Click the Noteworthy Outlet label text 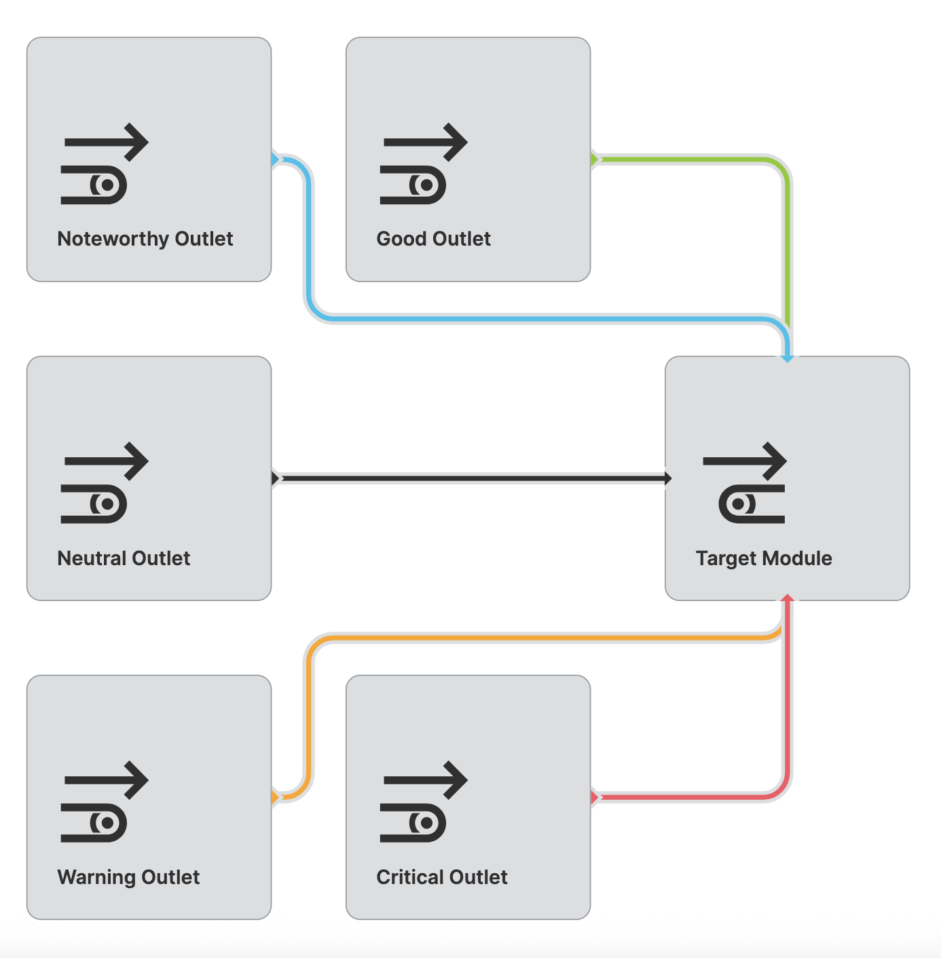coord(145,239)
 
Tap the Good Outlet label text coord(433,239)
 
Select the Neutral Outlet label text coord(124,558)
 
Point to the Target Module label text coord(764,558)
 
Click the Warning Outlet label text coord(128,877)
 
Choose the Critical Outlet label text coord(442,877)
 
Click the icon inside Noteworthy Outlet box coord(105,164)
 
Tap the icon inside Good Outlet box coord(424,164)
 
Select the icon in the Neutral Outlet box coord(105,483)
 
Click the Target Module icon coord(745,483)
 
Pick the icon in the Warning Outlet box coord(105,802)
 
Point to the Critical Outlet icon coord(424,802)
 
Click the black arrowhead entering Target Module coord(667,478)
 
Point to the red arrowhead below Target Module coord(788,598)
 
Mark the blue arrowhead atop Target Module coord(788,358)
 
